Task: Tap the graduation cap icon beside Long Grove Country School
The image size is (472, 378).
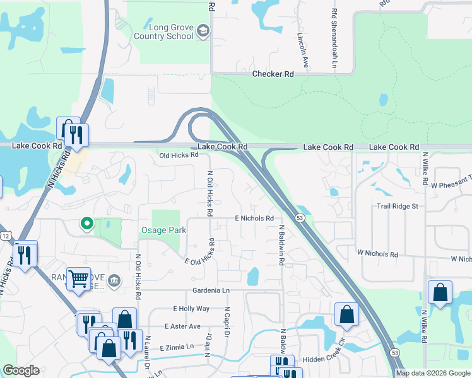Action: click(203, 31)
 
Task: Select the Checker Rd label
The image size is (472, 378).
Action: click(273, 74)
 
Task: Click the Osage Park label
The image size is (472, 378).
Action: click(163, 230)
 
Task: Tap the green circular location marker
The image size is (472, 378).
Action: click(88, 223)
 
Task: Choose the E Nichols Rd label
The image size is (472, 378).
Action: click(254, 218)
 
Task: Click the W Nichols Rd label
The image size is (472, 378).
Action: click(377, 255)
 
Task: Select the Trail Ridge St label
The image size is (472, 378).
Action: click(398, 206)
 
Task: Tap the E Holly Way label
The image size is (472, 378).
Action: click(191, 309)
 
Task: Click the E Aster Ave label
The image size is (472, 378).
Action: click(182, 326)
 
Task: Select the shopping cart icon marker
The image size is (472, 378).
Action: click(79, 277)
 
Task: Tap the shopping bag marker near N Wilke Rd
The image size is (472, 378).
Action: click(440, 292)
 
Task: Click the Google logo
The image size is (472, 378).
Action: click(21, 370)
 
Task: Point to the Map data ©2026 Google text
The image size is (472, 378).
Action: click(432, 373)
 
